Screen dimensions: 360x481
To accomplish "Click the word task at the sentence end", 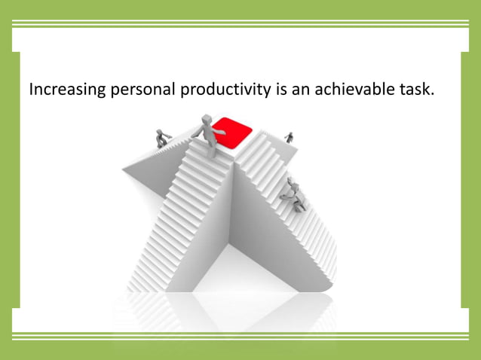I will point(415,90).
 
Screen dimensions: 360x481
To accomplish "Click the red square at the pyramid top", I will point(231,131).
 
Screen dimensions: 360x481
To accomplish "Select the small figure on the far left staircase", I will point(161,138).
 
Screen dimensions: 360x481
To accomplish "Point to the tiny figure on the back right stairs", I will point(289,137).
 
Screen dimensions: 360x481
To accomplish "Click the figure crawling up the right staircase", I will point(292,195).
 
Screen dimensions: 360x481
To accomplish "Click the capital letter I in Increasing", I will point(31,90).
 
